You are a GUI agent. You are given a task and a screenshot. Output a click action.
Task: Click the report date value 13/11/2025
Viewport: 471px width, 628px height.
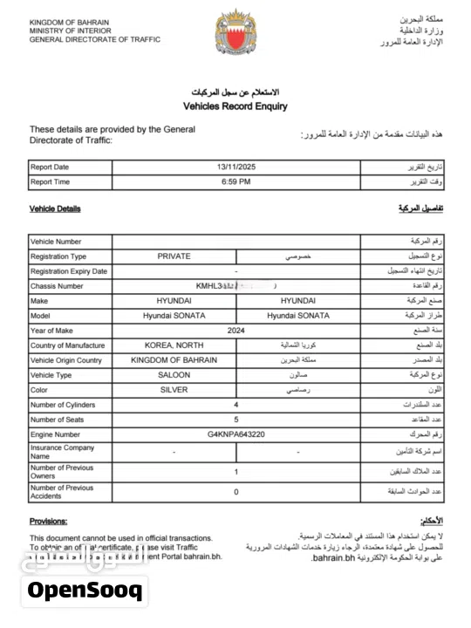[x=235, y=167]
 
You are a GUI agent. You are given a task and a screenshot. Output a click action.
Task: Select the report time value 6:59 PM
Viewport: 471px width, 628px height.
[x=235, y=182]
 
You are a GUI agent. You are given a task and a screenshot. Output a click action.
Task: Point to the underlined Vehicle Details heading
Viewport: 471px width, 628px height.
[x=55, y=209]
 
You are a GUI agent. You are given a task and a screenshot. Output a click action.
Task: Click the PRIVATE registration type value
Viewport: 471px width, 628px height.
[x=174, y=256]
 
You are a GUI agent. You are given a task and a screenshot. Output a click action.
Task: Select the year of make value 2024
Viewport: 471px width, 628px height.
[x=235, y=331]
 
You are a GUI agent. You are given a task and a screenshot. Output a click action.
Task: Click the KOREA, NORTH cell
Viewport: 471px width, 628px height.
[x=174, y=345]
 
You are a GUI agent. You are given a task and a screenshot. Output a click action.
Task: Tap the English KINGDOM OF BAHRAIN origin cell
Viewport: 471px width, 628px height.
[x=174, y=360]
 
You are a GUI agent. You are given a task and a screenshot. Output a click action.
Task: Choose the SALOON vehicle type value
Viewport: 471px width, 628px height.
[x=174, y=375]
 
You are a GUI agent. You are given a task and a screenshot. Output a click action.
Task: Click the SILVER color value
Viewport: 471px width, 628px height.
[x=174, y=390]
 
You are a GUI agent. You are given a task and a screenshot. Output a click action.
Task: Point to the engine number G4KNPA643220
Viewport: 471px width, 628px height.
[x=235, y=434]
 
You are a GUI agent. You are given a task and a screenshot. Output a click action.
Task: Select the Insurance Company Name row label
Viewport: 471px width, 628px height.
[x=62, y=452]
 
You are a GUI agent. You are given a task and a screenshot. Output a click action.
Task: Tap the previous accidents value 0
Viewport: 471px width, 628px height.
[x=235, y=492]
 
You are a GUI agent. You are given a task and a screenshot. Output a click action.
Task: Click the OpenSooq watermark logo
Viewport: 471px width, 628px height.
[x=84, y=590]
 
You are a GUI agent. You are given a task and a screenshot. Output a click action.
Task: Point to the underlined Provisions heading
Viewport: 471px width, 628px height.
[x=48, y=521]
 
